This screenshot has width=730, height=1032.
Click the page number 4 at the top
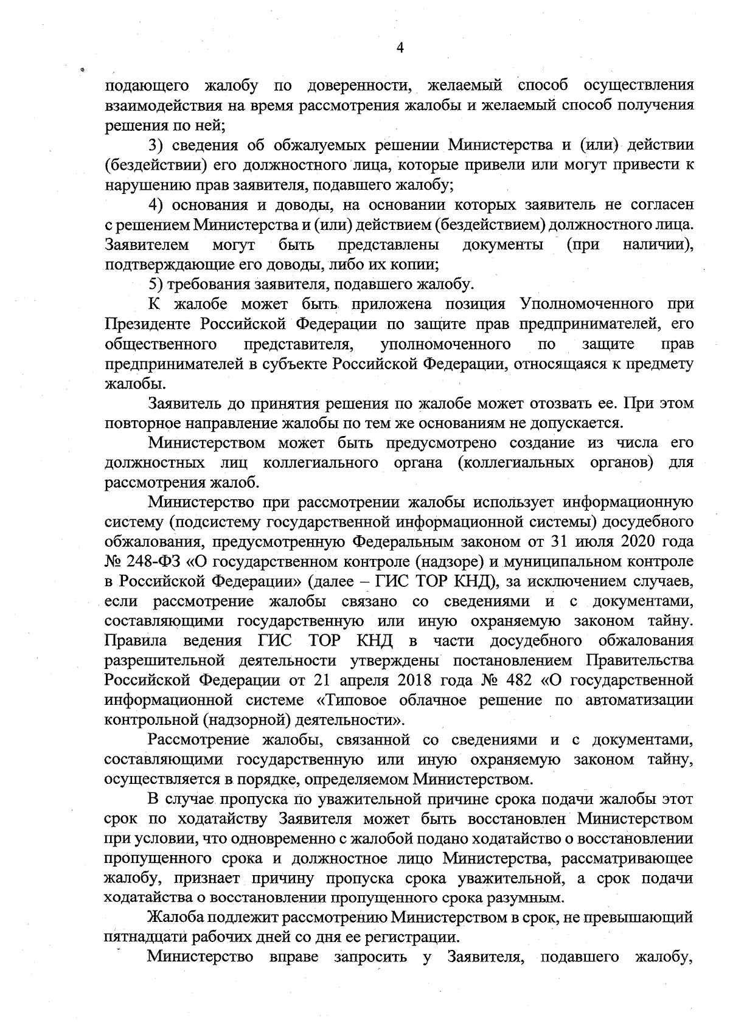pyautogui.click(x=400, y=49)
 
